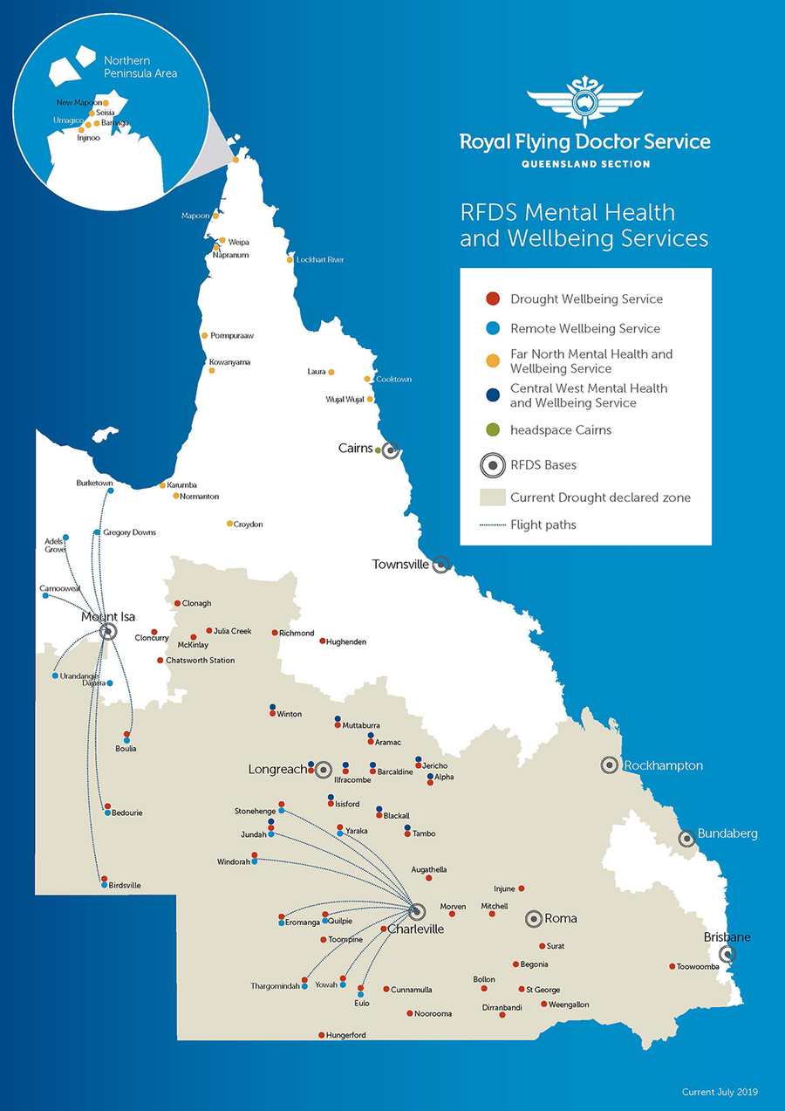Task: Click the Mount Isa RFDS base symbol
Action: [x=108, y=631]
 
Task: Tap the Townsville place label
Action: [x=400, y=565]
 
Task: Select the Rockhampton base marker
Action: [x=610, y=765]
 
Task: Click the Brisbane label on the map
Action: [x=727, y=937]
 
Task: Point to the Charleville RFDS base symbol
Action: [x=416, y=911]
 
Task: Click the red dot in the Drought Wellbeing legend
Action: [x=492, y=299]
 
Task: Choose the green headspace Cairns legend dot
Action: [x=492, y=430]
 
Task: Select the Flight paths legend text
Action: [x=543, y=525]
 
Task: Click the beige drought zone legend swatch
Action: [x=492, y=497]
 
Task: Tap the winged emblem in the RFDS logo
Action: [x=585, y=102]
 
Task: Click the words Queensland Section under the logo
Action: [x=585, y=164]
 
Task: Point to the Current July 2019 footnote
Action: [x=720, y=1092]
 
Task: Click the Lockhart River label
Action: [x=320, y=260]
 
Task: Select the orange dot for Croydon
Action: [x=229, y=524]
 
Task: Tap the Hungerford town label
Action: [x=346, y=1036]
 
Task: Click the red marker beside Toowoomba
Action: [x=672, y=966]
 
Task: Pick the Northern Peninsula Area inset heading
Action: [x=140, y=67]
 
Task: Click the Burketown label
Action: [x=95, y=483]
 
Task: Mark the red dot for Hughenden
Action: [x=322, y=641]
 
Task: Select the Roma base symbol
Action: [x=533, y=918]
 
